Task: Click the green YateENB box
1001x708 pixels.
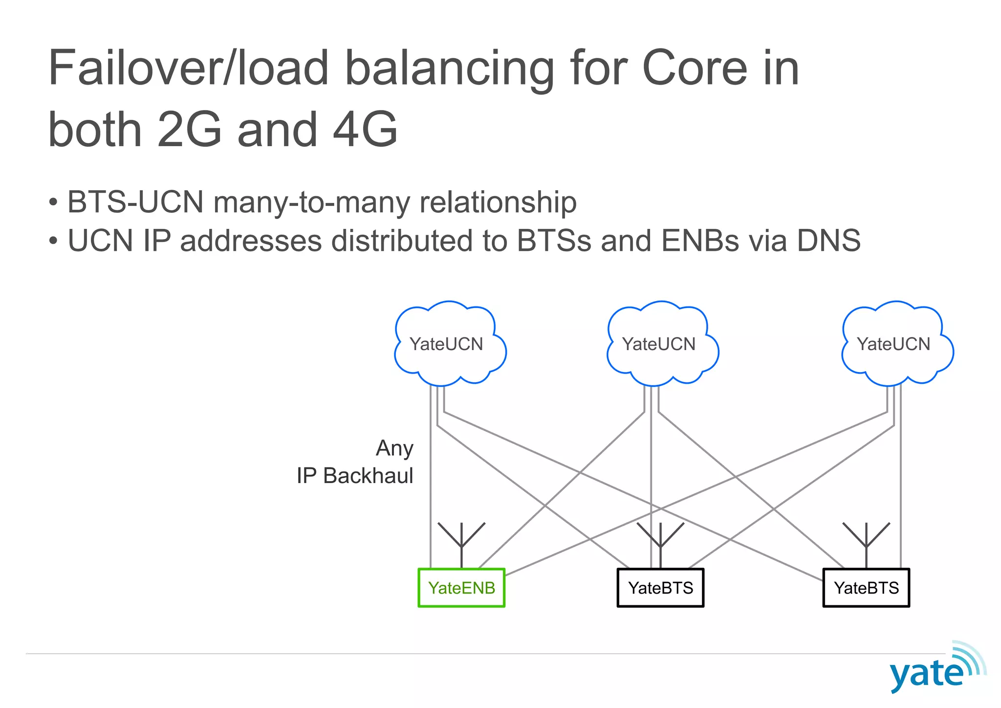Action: (461, 588)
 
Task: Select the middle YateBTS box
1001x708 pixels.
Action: (660, 588)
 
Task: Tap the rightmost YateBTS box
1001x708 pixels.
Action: (866, 588)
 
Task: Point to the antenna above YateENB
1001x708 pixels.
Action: (461, 540)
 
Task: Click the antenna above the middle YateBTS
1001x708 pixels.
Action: (660, 540)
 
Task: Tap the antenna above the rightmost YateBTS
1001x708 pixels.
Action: (866, 540)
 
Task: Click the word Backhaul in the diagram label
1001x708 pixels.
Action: (368, 476)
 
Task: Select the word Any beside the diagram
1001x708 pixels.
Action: (394, 448)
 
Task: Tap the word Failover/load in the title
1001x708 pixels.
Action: (189, 68)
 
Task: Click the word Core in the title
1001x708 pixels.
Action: (694, 68)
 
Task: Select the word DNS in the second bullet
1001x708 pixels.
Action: (828, 241)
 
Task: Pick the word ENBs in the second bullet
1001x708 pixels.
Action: (699, 241)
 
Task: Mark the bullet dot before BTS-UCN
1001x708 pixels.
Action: (53, 202)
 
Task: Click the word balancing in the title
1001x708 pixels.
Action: (450, 68)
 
